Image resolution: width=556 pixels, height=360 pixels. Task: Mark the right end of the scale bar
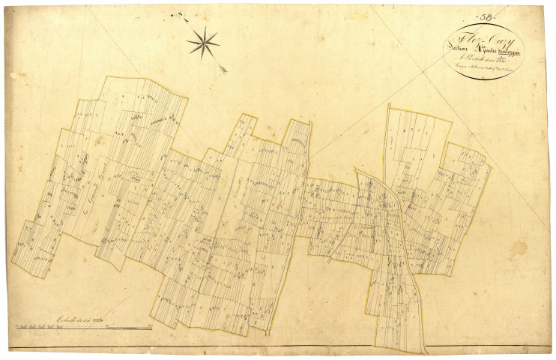pos(153,328)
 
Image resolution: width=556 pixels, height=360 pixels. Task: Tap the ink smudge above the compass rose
pos(178,13)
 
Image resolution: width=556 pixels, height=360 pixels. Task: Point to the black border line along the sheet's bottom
pos(277,349)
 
